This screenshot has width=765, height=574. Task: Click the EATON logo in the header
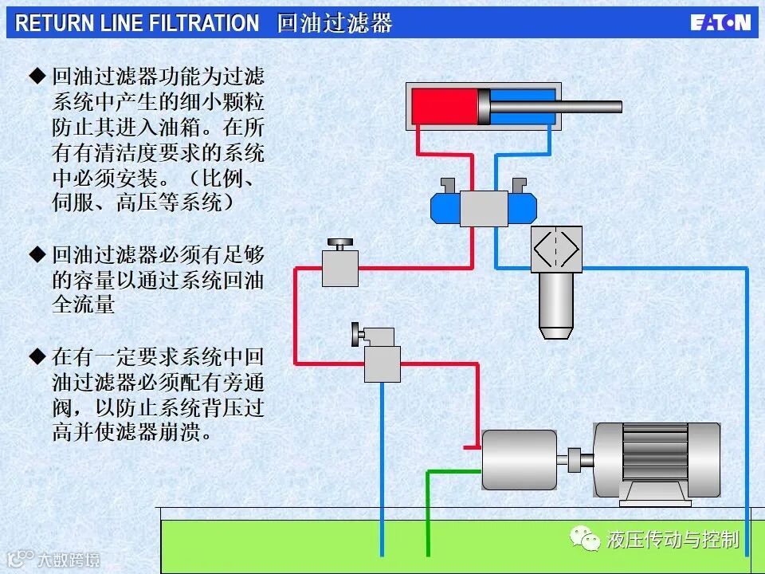[x=720, y=22]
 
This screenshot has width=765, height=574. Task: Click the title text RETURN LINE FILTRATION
[x=137, y=23]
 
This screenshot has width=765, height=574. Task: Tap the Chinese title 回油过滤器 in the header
[x=335, y=23]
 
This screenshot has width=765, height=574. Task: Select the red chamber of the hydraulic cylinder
[x=444, y=106]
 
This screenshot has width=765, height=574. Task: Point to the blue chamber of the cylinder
[x=522, y=106]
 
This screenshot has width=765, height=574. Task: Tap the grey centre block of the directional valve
[x=484, y=208]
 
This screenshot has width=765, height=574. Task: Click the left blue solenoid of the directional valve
[x=445, y=208]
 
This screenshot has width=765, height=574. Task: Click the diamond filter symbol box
[x=556, y=250]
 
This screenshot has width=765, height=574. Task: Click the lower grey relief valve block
[x=382, y=364]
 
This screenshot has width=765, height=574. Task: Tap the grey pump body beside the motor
[x=519, y=460]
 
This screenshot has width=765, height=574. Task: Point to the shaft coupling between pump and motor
[x=575, y=460]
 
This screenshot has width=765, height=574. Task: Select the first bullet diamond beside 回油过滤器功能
[x=37, y=77]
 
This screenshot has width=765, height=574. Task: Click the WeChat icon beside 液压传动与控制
[x=589, y=541]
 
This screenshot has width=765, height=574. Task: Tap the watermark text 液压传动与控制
[x=673, y=541]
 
